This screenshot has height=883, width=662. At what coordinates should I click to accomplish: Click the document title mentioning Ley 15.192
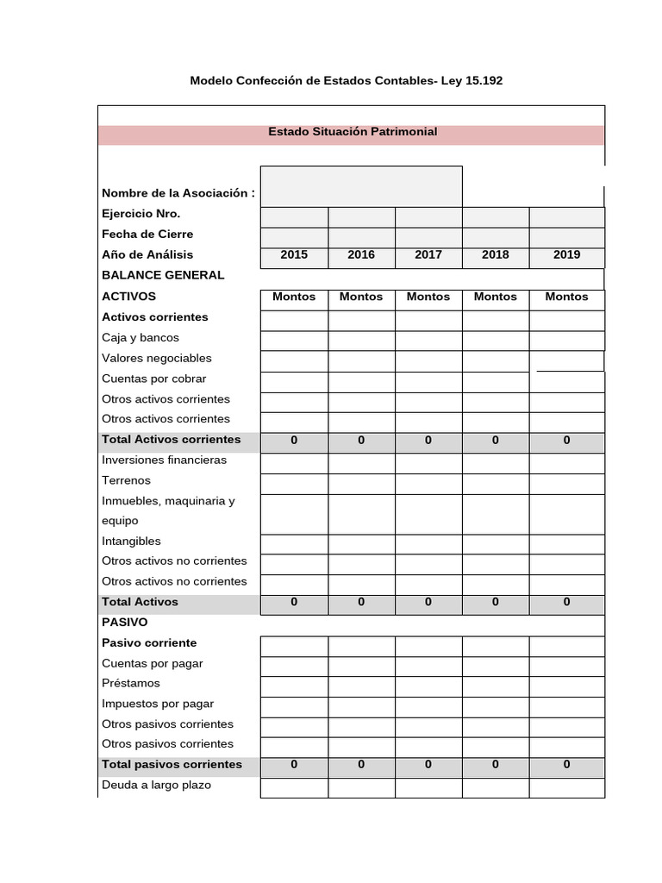point(346,80)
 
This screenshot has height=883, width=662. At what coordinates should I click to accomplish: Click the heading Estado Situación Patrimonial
point(353,132)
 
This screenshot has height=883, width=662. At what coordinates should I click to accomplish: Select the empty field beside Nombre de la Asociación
point(360,186)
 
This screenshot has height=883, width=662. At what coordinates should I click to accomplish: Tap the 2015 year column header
point(294,254)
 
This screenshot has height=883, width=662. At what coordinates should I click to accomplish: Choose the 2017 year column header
point(428,254)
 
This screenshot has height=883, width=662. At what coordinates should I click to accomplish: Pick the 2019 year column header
point(566,254)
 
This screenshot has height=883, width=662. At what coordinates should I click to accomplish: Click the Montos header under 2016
point(361,297)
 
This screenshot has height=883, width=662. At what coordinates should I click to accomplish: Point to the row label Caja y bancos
point(141,337)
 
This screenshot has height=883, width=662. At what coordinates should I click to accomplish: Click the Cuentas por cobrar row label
point(154,379)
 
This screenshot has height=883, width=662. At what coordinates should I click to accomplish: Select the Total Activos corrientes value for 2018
point(496,441)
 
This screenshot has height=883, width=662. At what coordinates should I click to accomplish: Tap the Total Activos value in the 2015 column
point(294,602)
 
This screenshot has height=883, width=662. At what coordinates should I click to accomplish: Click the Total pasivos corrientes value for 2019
point(566,764)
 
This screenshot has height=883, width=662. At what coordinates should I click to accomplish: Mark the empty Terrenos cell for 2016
point(361,481)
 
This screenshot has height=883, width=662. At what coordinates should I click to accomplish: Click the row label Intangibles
point(131,541)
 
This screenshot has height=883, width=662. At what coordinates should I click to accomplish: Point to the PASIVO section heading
point(125,622)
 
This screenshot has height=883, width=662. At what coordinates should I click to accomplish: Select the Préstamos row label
point(131,683)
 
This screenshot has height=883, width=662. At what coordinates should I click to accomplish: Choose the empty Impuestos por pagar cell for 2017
point(428,705)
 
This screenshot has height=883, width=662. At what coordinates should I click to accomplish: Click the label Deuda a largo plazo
point(156,785)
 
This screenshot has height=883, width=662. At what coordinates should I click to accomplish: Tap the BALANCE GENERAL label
point(163,275)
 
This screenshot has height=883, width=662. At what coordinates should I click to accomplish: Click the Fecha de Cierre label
point(147,234)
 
